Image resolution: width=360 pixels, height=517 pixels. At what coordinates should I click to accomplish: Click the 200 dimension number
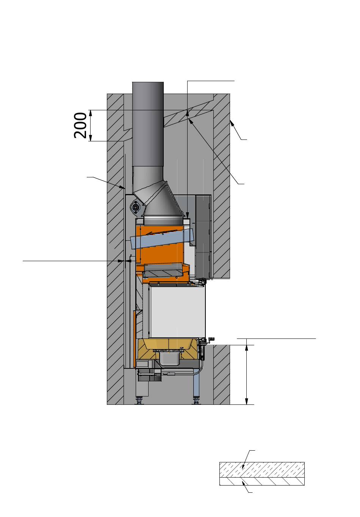tap(80, 125)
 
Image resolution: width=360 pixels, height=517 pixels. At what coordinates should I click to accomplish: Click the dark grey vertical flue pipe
tap(148, 124)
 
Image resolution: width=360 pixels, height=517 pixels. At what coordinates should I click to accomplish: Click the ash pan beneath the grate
tap(169, 358)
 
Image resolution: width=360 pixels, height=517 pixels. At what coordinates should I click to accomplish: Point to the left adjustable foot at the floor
tap(139, 400)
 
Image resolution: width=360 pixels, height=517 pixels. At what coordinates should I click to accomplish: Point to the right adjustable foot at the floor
tap(196, 400)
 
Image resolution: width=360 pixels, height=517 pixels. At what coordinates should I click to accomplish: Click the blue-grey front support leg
tap(196, 384)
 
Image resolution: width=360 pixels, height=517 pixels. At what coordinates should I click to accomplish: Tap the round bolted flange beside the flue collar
tap(135, 207)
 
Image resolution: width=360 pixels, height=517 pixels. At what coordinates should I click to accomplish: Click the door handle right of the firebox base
tap(210, 339)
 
